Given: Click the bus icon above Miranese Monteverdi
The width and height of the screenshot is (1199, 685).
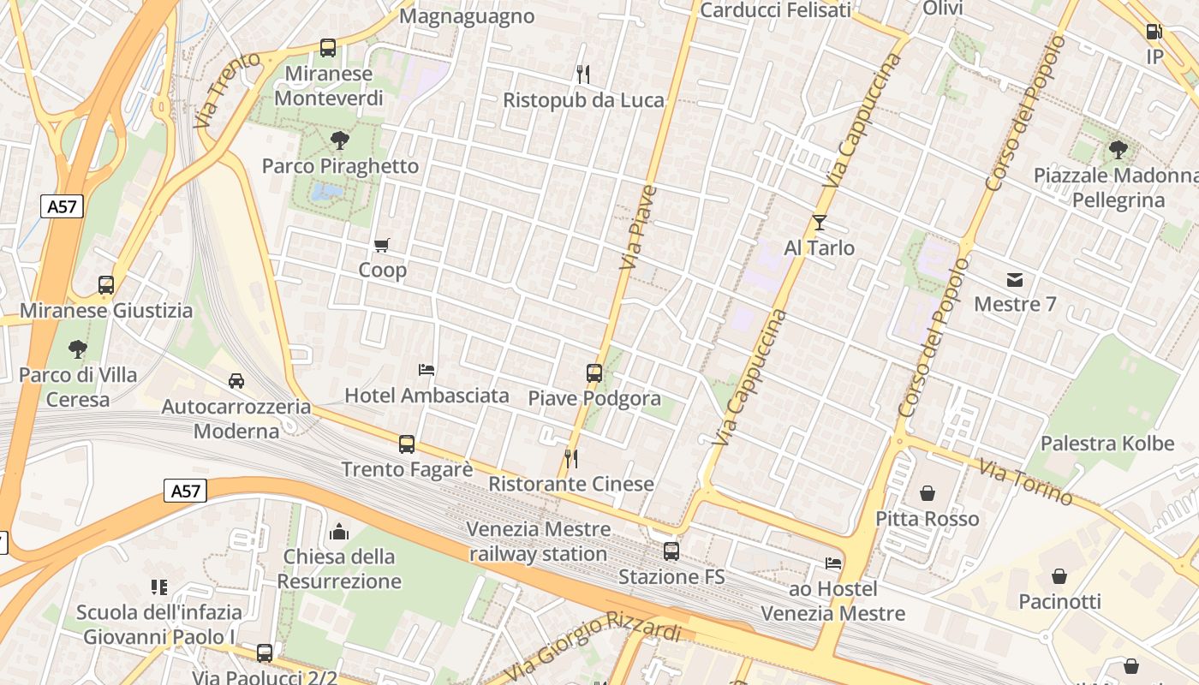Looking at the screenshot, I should click(x=328, y=48).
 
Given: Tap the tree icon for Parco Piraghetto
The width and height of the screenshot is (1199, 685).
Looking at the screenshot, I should click(x=340, y=140).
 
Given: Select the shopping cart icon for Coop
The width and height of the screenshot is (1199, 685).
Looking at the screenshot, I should click(x=382, y=246).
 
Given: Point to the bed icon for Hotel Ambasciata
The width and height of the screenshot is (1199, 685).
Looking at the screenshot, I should click(x=427, y=370).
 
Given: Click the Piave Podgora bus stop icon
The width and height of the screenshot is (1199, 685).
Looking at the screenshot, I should click(x=594, y=373).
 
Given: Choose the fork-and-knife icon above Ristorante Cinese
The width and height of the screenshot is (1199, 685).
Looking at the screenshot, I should click(x=571, y=459).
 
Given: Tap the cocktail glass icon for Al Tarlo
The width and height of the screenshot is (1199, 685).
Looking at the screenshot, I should click(x=820, y=223).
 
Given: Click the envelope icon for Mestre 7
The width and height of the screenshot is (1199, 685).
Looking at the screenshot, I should click(x=1015, y=279).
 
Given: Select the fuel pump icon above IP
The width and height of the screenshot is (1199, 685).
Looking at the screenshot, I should click(x=1154, y=32).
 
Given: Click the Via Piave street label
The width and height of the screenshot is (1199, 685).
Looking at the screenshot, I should click(x=638, y=227).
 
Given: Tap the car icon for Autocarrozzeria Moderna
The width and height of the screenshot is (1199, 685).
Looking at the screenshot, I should click(x=236, y=380).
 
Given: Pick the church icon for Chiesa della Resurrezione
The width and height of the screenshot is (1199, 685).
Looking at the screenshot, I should click(x=339, y=532).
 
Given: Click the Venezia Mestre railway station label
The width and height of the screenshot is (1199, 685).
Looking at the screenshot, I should click(x=539, y=541).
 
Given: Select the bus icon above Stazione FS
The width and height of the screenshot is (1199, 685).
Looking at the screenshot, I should click(x=671, y=551).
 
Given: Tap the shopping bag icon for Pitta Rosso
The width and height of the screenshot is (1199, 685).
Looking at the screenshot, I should click(x=928, y=493).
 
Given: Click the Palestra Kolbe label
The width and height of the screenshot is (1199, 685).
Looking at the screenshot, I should click(x=1107, y=444).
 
